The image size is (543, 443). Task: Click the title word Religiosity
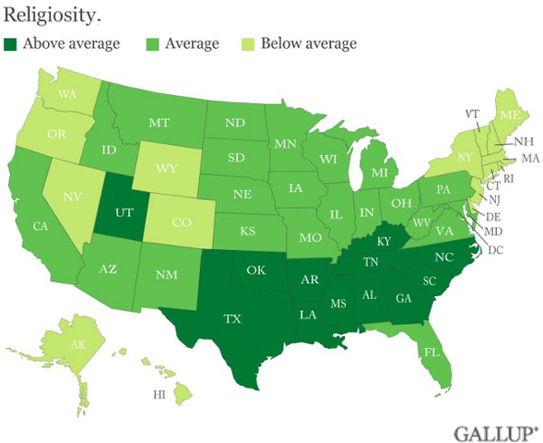pos(43,14)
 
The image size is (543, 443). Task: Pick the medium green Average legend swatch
pos(154,43)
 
